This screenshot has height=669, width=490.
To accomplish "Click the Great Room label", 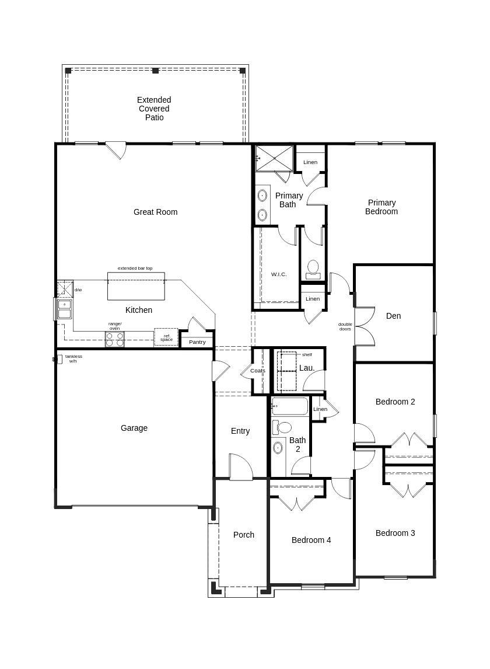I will click(x=155, y=212).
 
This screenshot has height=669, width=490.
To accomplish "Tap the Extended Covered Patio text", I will click(x=154, y=109).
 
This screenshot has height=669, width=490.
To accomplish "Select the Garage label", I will click(x=134, y=428).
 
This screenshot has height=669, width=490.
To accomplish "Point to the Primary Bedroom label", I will click(x=381, y=207).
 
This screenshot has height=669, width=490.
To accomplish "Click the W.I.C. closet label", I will click(x=279, y=274).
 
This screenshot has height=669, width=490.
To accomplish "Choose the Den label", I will click(x=393, y=316).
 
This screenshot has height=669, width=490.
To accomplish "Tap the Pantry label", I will click(x=197, y=342).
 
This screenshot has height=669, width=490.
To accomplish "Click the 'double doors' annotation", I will click(x=345, y=327).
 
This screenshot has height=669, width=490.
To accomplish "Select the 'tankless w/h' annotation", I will click(x=73, y=358).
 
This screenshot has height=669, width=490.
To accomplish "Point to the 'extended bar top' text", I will click(x=135, y=268).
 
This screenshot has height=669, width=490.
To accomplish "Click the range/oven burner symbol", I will click(x=114, y=339).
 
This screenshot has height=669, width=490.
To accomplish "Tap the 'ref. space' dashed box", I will click(x=166, y=337).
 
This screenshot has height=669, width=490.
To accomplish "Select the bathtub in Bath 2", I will click(x=290, y=406).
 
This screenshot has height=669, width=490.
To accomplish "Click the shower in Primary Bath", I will click(x=274, y=158).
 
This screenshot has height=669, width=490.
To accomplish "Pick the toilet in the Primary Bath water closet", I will click(x=313, y=268).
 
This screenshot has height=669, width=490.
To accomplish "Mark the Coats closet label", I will click(x=257, y=371).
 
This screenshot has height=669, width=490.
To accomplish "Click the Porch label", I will click(x=243, y=535).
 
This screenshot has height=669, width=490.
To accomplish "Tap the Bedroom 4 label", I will click(x=311, y=540).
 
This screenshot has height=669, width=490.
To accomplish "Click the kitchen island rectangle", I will click(x=136, y=287).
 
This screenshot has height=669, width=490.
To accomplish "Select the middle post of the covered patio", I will click(x=155, y=71).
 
